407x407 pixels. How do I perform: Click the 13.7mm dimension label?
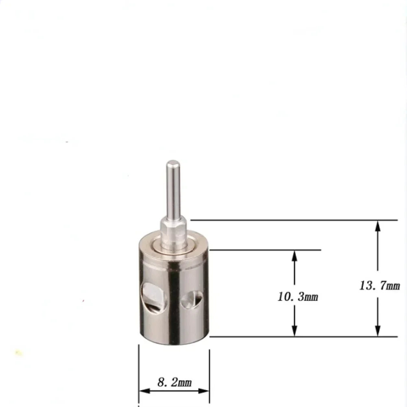click(x=379, y=285)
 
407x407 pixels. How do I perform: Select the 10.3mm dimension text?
click(x=298, y=297)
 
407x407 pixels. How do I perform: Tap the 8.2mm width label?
click(x=174, y=383)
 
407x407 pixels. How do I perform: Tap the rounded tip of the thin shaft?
click(x=173, y=164)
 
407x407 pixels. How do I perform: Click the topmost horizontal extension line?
click(x=293, y=220)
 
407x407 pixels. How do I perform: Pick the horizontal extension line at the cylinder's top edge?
click(x=265, y=250)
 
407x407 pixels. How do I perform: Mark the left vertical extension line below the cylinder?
click(x=139, y=366)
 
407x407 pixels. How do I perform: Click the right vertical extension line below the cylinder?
click(x=209, y=366)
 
